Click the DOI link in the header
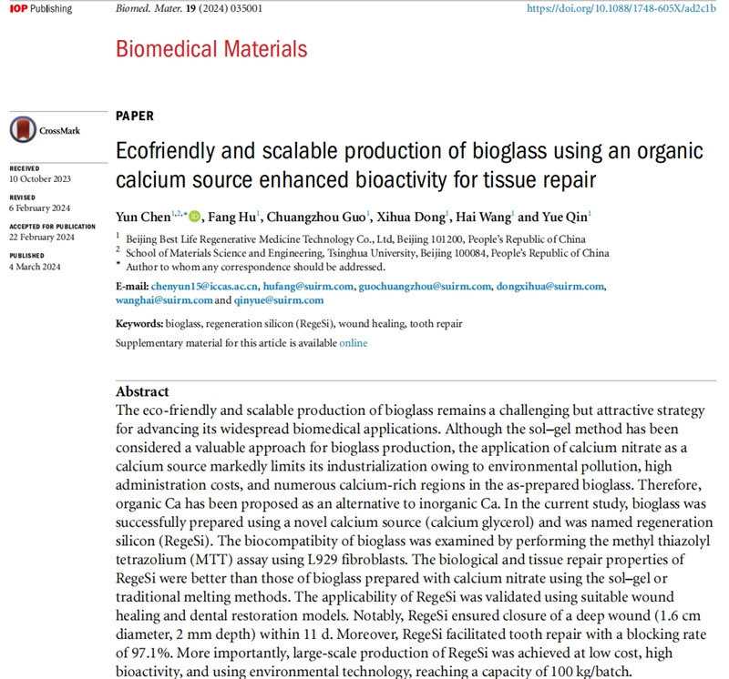tap(624, 8)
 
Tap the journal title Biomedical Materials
tap(211, 48)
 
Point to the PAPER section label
tap(135, 116)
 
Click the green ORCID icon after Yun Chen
tap(194, 217)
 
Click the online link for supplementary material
tap(354, 343)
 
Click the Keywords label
tap(139, 324)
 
